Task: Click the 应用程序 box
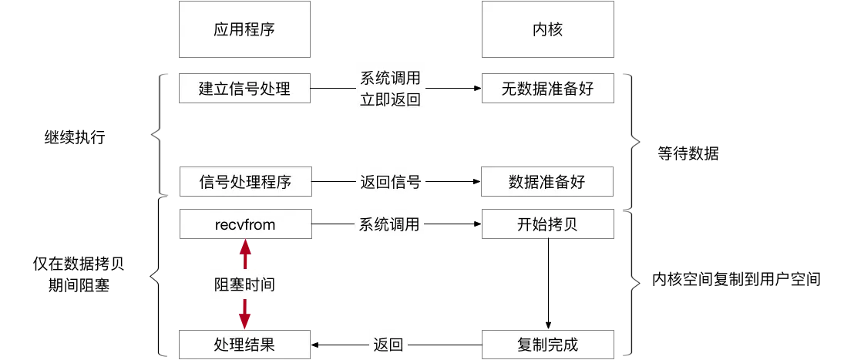[x=244, y=30]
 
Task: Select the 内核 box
[x=547, y=30]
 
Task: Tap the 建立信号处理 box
[x=244, y=89]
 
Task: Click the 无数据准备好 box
[x=547, y=89]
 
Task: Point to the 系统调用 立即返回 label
[x=389, y=89]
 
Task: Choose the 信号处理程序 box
[x=244, y=183]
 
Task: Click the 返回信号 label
[x=389, y=183]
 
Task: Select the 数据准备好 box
[x=547, y=183]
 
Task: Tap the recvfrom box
[x=244, y=224]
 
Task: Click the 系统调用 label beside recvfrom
[x=389, y=224]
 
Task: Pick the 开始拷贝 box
[x=547, y=224]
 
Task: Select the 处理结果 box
[x=244, y=344]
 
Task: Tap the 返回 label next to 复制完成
[x=388, y=345]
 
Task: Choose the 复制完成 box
[x=547, y=344]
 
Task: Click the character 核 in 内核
[x=557, y=30]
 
